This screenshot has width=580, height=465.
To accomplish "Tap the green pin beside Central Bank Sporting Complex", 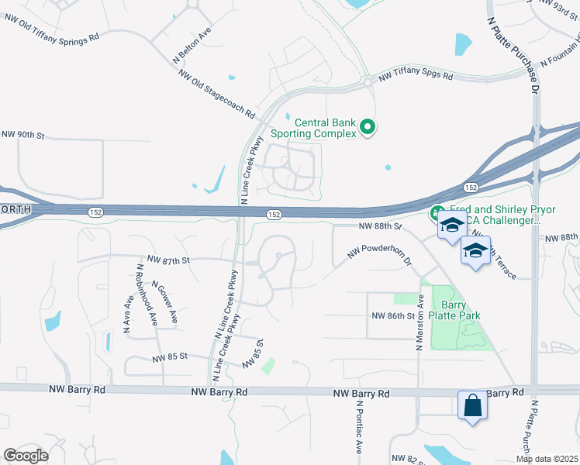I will pos(369,126).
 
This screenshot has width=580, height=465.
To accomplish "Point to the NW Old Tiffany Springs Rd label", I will pos(51,36).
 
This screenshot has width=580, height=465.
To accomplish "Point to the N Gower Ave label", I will pos(165,301).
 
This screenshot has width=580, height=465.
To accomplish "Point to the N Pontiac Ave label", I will pos(360,427).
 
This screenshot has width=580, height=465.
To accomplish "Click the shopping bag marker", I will pos(471,405).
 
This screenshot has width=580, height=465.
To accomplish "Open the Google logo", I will pos(26,456).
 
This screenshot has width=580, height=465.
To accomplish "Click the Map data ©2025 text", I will pos(547,459).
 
